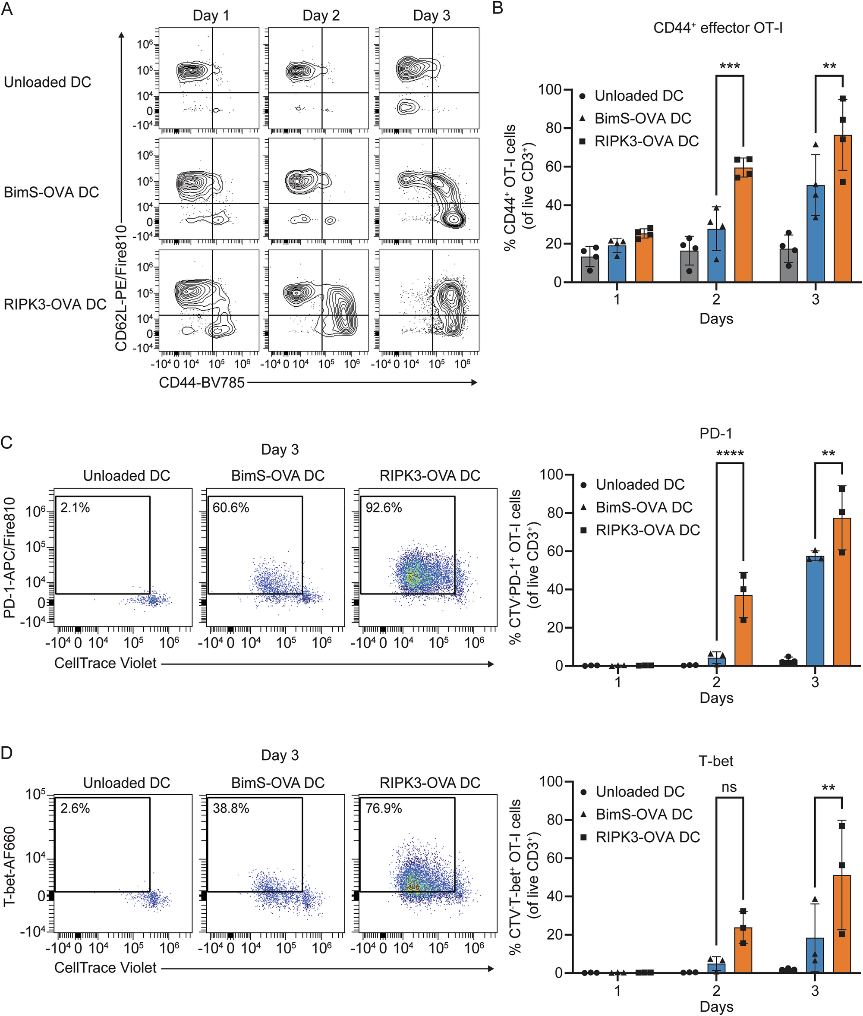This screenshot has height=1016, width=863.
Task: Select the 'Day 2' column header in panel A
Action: click(x=321, y=16)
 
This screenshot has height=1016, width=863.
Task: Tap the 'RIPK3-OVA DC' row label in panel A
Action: click(x=55, y=304)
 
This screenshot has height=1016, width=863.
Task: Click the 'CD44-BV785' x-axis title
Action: click(x=202, y=383)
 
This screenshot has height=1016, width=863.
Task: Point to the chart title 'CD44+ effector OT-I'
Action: click(x=718, y=28)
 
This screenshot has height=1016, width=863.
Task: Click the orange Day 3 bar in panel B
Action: click(x=842, y=208)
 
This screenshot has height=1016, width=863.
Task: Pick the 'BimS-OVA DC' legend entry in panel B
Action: click(x=643, y=118)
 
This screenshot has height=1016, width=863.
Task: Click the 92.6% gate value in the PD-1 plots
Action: click(x=384, y=508)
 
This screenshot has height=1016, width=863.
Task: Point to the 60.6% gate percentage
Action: click(x=230, y=508)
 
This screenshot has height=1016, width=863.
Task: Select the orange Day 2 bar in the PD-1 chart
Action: click(x=743, y=630)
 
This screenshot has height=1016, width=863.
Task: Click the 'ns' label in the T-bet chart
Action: click(x=729, y=786)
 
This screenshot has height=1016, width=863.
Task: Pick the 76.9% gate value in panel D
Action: click(x=384, y=808)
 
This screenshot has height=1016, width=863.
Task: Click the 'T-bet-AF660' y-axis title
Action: click(x=9, y=866)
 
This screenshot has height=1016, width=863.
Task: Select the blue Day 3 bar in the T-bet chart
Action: click(x=815, y=955)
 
